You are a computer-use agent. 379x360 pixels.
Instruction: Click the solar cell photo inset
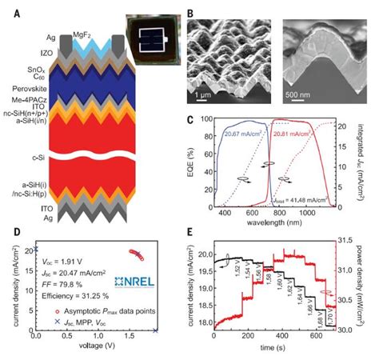[x=143, y=26]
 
